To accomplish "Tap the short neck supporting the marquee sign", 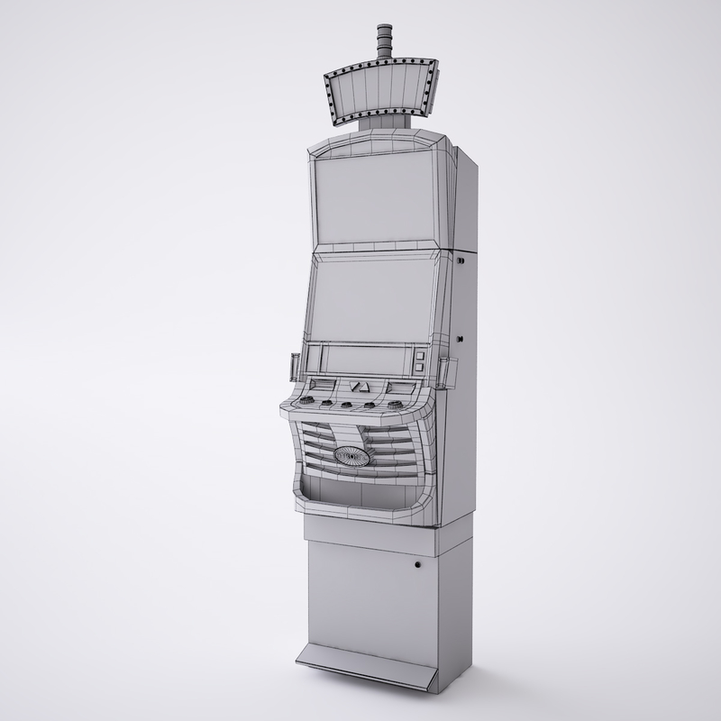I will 378,126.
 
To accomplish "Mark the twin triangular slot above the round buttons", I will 360,388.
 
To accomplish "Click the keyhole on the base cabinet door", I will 417,567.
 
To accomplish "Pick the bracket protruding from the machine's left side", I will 291,365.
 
